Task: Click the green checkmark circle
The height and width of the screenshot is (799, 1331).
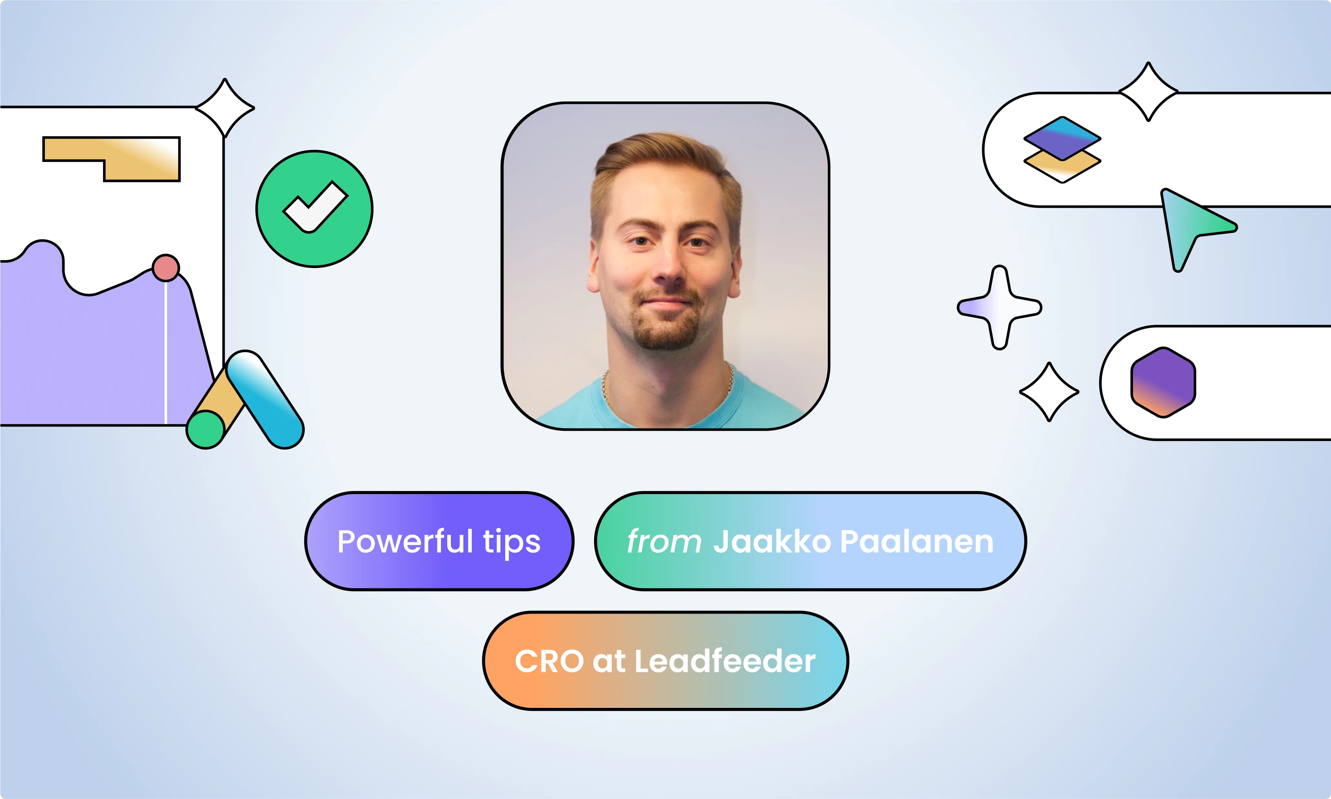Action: pos(314,209)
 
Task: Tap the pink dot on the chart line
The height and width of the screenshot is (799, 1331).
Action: pos(166,268)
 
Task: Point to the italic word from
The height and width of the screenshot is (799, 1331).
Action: pos(664,541)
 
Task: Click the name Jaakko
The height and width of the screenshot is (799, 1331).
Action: pos(772,541)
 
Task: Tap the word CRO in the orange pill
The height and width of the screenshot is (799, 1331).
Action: pos(549,661)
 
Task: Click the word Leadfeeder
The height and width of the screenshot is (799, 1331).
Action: pos(725,661)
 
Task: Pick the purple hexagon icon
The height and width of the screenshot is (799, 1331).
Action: pos(1163,382)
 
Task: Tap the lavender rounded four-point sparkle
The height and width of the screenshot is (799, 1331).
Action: pos(999,308)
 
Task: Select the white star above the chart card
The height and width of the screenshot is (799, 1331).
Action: pos(225,108)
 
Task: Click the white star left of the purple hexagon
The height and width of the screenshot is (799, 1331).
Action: pos(1049,392)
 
